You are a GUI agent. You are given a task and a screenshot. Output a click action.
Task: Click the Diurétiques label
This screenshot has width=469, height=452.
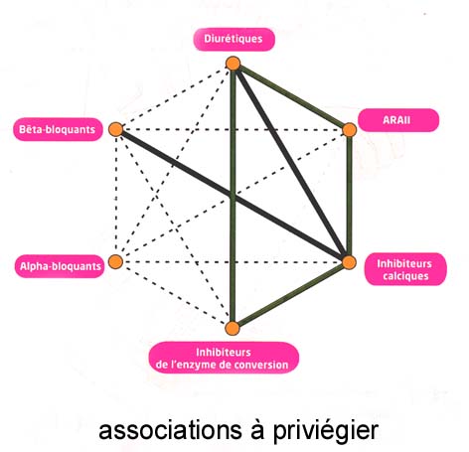click(x=234, y=40)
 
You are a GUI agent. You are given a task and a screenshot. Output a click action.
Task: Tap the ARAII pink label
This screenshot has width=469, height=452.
click(x=398, y=120)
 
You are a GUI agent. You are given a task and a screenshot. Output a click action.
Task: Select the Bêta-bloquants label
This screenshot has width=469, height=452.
click(x=58, y=129)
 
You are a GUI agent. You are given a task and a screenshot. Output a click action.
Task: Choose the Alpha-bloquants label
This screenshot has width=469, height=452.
click(x=60, y=266)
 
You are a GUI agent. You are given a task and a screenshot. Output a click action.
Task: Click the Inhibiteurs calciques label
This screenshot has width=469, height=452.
click(x=405, y=269)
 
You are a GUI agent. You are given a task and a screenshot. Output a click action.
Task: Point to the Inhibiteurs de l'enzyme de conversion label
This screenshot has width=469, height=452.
click(x=224, y=359)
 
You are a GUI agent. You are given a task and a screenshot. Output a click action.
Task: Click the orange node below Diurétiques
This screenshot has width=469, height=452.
click(x=234, y=64)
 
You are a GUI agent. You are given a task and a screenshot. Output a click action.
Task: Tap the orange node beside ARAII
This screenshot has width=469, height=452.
click(x=349, y=130)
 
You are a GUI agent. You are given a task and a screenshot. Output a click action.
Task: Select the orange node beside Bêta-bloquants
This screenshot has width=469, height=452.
click(x=116, y=129)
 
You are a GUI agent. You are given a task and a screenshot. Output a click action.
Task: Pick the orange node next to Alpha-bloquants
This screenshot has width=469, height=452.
click(x=116, y=261)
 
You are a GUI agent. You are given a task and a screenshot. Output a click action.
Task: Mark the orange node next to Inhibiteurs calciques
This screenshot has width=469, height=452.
click(x=349, y=262)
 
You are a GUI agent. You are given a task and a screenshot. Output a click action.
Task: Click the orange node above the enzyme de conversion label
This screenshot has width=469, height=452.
click(x=233, y=328)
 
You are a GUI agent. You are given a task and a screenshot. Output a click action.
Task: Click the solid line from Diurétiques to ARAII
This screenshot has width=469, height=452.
click(x=291, y=96)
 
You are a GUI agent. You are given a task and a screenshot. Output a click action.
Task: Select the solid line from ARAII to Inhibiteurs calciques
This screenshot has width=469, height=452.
click(x=349, y=196)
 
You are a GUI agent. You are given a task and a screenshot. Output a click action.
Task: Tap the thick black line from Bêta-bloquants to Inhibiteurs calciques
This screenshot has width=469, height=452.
click(x=233, y=196)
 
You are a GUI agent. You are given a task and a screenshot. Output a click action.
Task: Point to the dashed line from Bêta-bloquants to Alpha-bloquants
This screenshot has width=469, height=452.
click(x=116, y=196)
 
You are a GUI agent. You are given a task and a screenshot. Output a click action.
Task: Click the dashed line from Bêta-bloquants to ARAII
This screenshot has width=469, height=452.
click(x=233, y=129)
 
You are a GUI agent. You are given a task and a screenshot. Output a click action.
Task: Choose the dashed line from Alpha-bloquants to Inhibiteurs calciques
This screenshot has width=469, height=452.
click(x=233, y=262)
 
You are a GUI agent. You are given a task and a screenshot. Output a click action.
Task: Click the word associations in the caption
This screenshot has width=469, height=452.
click(x=170, y=430)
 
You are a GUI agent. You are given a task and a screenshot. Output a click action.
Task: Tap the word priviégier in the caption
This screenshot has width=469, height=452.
click(x=326, y=431)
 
